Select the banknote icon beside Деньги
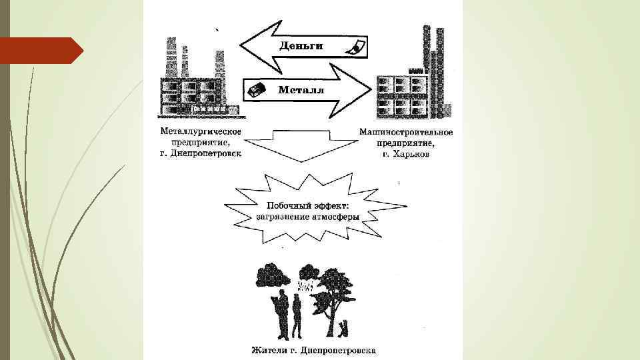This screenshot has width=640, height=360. (355, 47)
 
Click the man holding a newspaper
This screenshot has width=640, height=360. (281, 311)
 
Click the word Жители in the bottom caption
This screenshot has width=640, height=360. (267, 350)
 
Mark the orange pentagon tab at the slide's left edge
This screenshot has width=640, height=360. (40, 51)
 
